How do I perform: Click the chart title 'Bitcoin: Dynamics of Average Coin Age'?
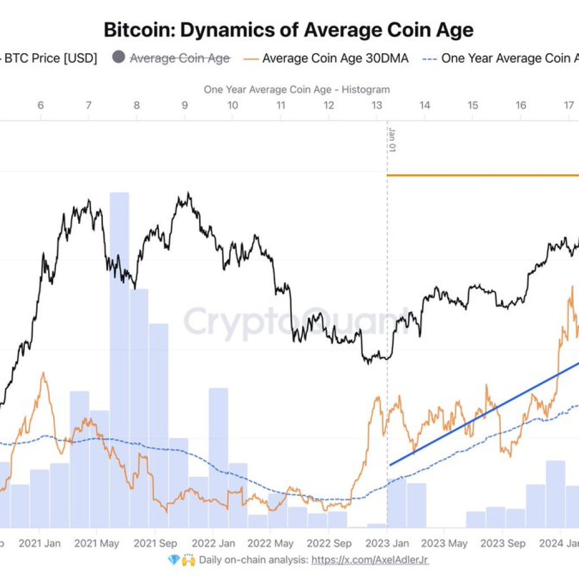(x=288, y=29)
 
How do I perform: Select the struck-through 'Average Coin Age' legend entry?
(x=180, y=58)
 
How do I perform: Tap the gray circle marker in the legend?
(x=119, y=58)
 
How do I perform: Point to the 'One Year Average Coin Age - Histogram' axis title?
(x=296, y=89)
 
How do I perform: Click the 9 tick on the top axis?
(x=185, y=105)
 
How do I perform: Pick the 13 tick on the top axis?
(x=377, y=105)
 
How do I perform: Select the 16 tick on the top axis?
(x=521, y=105)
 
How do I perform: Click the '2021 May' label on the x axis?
(x=97, y=544)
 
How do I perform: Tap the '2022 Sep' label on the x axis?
(x=329, y=544)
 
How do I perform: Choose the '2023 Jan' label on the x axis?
(x=387, y=544)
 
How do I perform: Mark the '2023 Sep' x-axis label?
(x=503, y=544)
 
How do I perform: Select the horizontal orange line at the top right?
(x=481, y=175)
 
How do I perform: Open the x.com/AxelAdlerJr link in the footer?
(x=370, y=560)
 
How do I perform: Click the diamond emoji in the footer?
(x=174, y=560)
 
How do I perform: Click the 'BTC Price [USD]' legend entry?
(x=51, y=58)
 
